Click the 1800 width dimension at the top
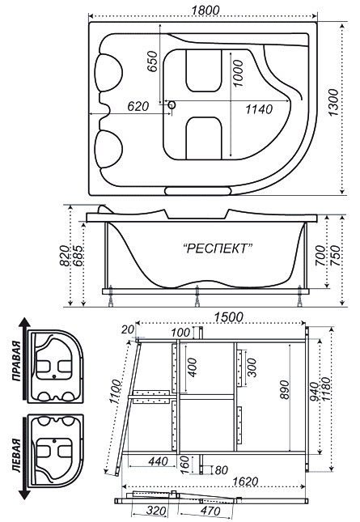[205, 10]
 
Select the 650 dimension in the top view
[152, 62]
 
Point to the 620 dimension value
[138, 106]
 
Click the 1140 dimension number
[259, 109]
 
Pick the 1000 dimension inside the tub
[238, 73]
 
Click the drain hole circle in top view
[172, 105]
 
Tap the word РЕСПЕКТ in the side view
[218, 248]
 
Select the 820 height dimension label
[64, 256]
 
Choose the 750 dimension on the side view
[335, 256]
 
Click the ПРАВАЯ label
[16, 360]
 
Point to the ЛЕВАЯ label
[16, 455]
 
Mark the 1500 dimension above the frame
[228, 317]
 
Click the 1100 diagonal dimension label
[116, 392]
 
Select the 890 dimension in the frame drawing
[285, 390]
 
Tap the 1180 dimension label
[325, 390]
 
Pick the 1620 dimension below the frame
[245, 481]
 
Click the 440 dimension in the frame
[158, 461]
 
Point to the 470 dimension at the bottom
[210, 511]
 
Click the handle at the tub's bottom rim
[198, 191]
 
